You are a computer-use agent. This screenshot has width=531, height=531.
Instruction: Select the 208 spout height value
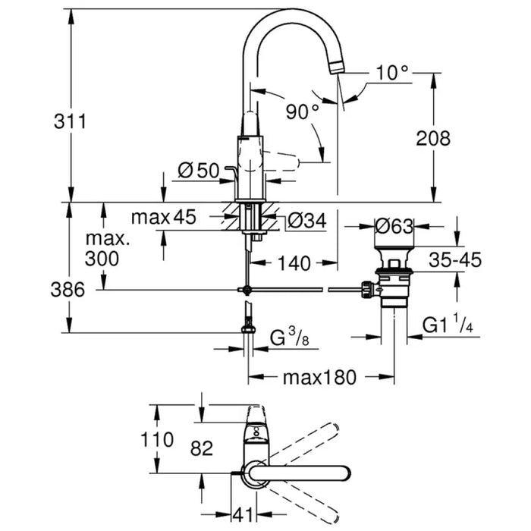(x=434, y=137)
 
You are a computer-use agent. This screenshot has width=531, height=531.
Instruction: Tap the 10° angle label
(x=392, y=73)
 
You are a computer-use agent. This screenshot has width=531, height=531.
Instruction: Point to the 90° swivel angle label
(x=303, y=112)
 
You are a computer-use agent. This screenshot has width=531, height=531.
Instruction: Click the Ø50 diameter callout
(x=197, y=171)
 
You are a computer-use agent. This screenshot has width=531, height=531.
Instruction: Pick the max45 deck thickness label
(x=163, y=218)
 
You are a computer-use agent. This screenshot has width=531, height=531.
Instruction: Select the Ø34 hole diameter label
(x=306, y=221)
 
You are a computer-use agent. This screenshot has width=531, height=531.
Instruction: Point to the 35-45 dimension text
(x=454, y=260)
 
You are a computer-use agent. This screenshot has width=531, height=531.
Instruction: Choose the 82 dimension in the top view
(x=202, y=449)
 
